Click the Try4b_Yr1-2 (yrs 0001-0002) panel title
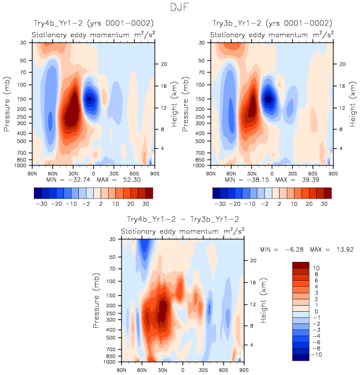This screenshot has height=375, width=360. [x=93, y=23]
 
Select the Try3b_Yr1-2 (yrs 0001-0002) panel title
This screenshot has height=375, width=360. [x=272, y=23]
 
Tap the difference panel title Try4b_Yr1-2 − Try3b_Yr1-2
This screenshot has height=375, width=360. [x=183, y=220]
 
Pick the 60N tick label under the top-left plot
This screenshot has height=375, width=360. [x=52, y=173]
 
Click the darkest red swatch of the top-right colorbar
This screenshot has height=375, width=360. [x=328, y=192]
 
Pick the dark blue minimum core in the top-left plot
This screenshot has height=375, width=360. [x=89, y=99]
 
